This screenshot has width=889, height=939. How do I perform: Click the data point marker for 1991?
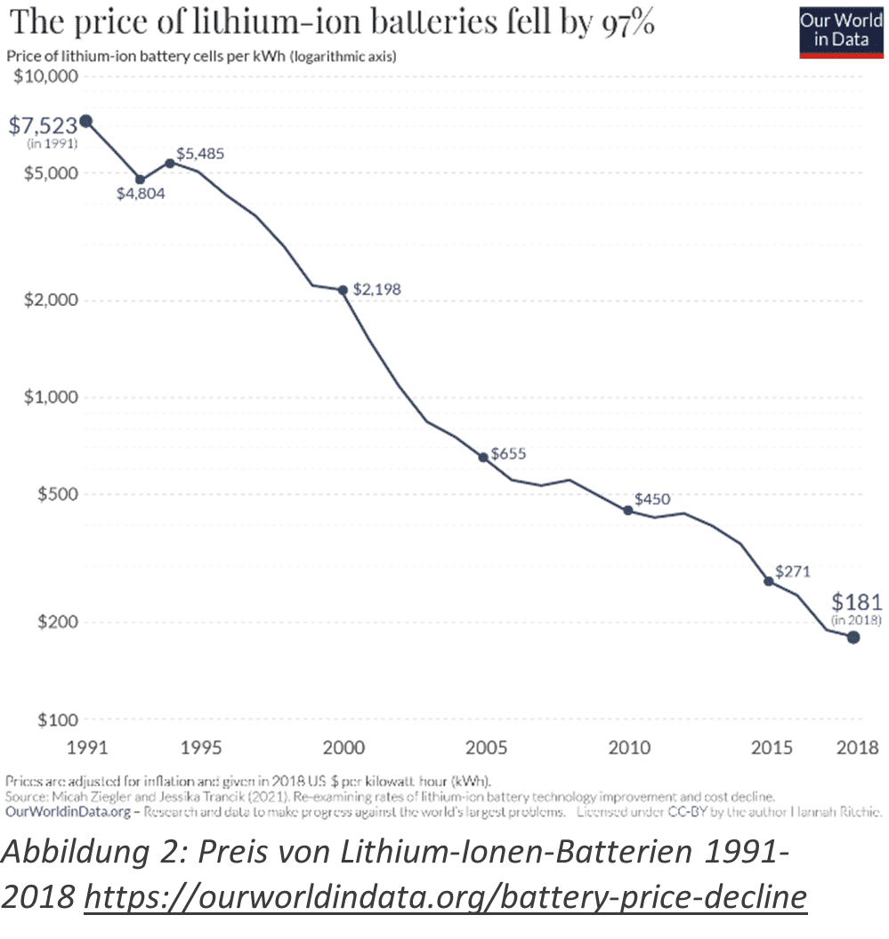(85, 121)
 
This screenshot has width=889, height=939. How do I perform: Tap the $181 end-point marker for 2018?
(853, 637)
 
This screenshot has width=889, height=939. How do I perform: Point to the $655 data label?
(508, 453)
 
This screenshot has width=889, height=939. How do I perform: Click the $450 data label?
(652, 500)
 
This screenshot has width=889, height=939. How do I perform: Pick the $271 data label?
(792, 571)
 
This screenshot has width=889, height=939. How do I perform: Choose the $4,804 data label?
(141, 192)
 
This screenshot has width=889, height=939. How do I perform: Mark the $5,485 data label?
(200, 154)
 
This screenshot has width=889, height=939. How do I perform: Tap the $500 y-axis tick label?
(54, 494)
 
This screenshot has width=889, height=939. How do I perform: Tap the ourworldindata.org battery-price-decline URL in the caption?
(445, 899)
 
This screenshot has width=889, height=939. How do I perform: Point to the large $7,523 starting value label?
(43, 125)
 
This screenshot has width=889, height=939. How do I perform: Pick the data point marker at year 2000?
(343, 290)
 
